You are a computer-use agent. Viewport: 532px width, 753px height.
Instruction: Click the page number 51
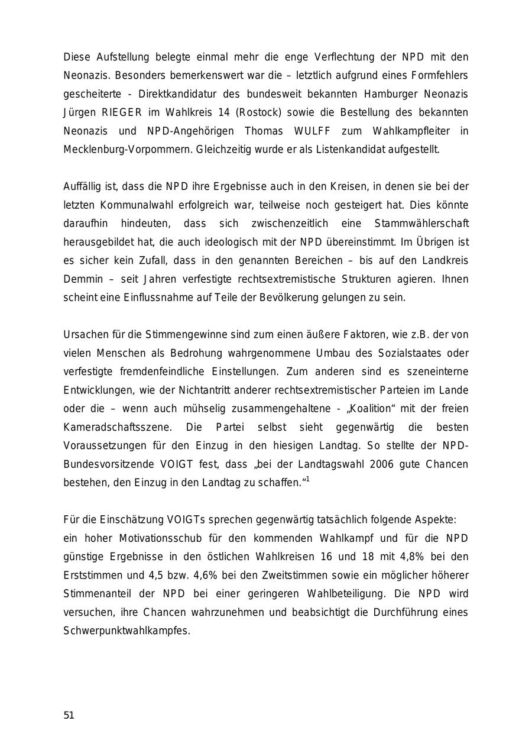[x=69, y=715]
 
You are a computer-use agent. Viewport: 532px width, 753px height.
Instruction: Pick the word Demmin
[x=82, y=279]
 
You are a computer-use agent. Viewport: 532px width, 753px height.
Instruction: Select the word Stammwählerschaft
[x=421, y=224]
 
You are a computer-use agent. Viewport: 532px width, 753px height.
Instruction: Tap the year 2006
[x=383, y=464]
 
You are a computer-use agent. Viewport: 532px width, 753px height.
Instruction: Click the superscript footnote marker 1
[x=308, y=479]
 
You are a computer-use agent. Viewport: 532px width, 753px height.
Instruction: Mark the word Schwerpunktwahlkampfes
[x=126, y=631]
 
